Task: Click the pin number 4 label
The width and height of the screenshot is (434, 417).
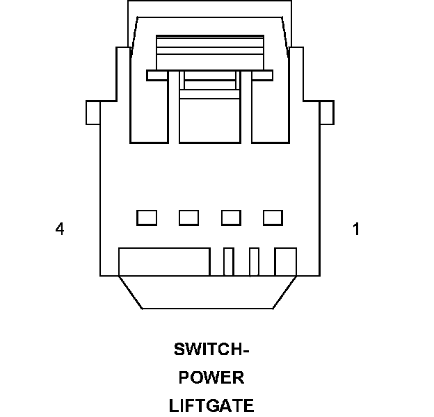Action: pos(61,229)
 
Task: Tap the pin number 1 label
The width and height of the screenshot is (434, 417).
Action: pos(356,229)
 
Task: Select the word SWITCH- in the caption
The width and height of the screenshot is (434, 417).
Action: pos(211,349)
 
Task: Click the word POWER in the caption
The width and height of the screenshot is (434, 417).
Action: pos(211,378)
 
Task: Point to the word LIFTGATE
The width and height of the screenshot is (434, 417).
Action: pos(211,404)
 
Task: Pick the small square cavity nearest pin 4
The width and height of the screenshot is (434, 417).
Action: pos(146,218)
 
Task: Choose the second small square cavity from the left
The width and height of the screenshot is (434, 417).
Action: pos(188,218)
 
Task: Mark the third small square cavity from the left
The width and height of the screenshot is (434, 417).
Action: pos(231,218)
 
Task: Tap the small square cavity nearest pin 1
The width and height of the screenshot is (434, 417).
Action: pos(273,218)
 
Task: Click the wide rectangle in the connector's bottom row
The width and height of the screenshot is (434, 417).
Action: pos(164,262)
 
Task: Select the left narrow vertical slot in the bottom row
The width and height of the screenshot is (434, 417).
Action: pos(227,262)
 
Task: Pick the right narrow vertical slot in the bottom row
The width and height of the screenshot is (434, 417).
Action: pos(254,262)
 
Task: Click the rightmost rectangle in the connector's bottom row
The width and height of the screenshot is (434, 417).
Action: pos(286,262)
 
